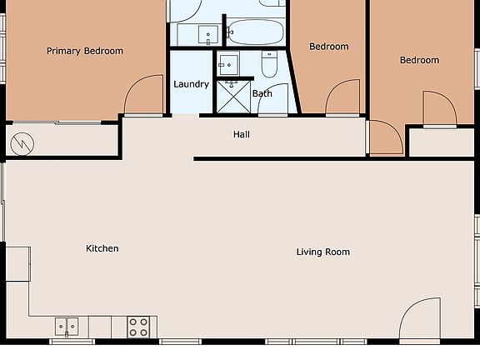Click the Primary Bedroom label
tap(84, 51)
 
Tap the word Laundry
tap(191, 84)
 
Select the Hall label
tap(242, 134)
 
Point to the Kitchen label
tap(102, 248)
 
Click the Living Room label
tap(322, 252)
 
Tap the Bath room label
tap(262, 93)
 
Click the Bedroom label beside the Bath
tap(328, 47)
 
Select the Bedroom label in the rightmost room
tap(419, 60)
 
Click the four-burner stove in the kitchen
tap(139, 326)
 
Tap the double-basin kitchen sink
tap(67, 326)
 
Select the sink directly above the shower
tap(229, 63)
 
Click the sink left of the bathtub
tap(208, 34)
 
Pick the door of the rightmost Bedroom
tap(438, 108)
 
